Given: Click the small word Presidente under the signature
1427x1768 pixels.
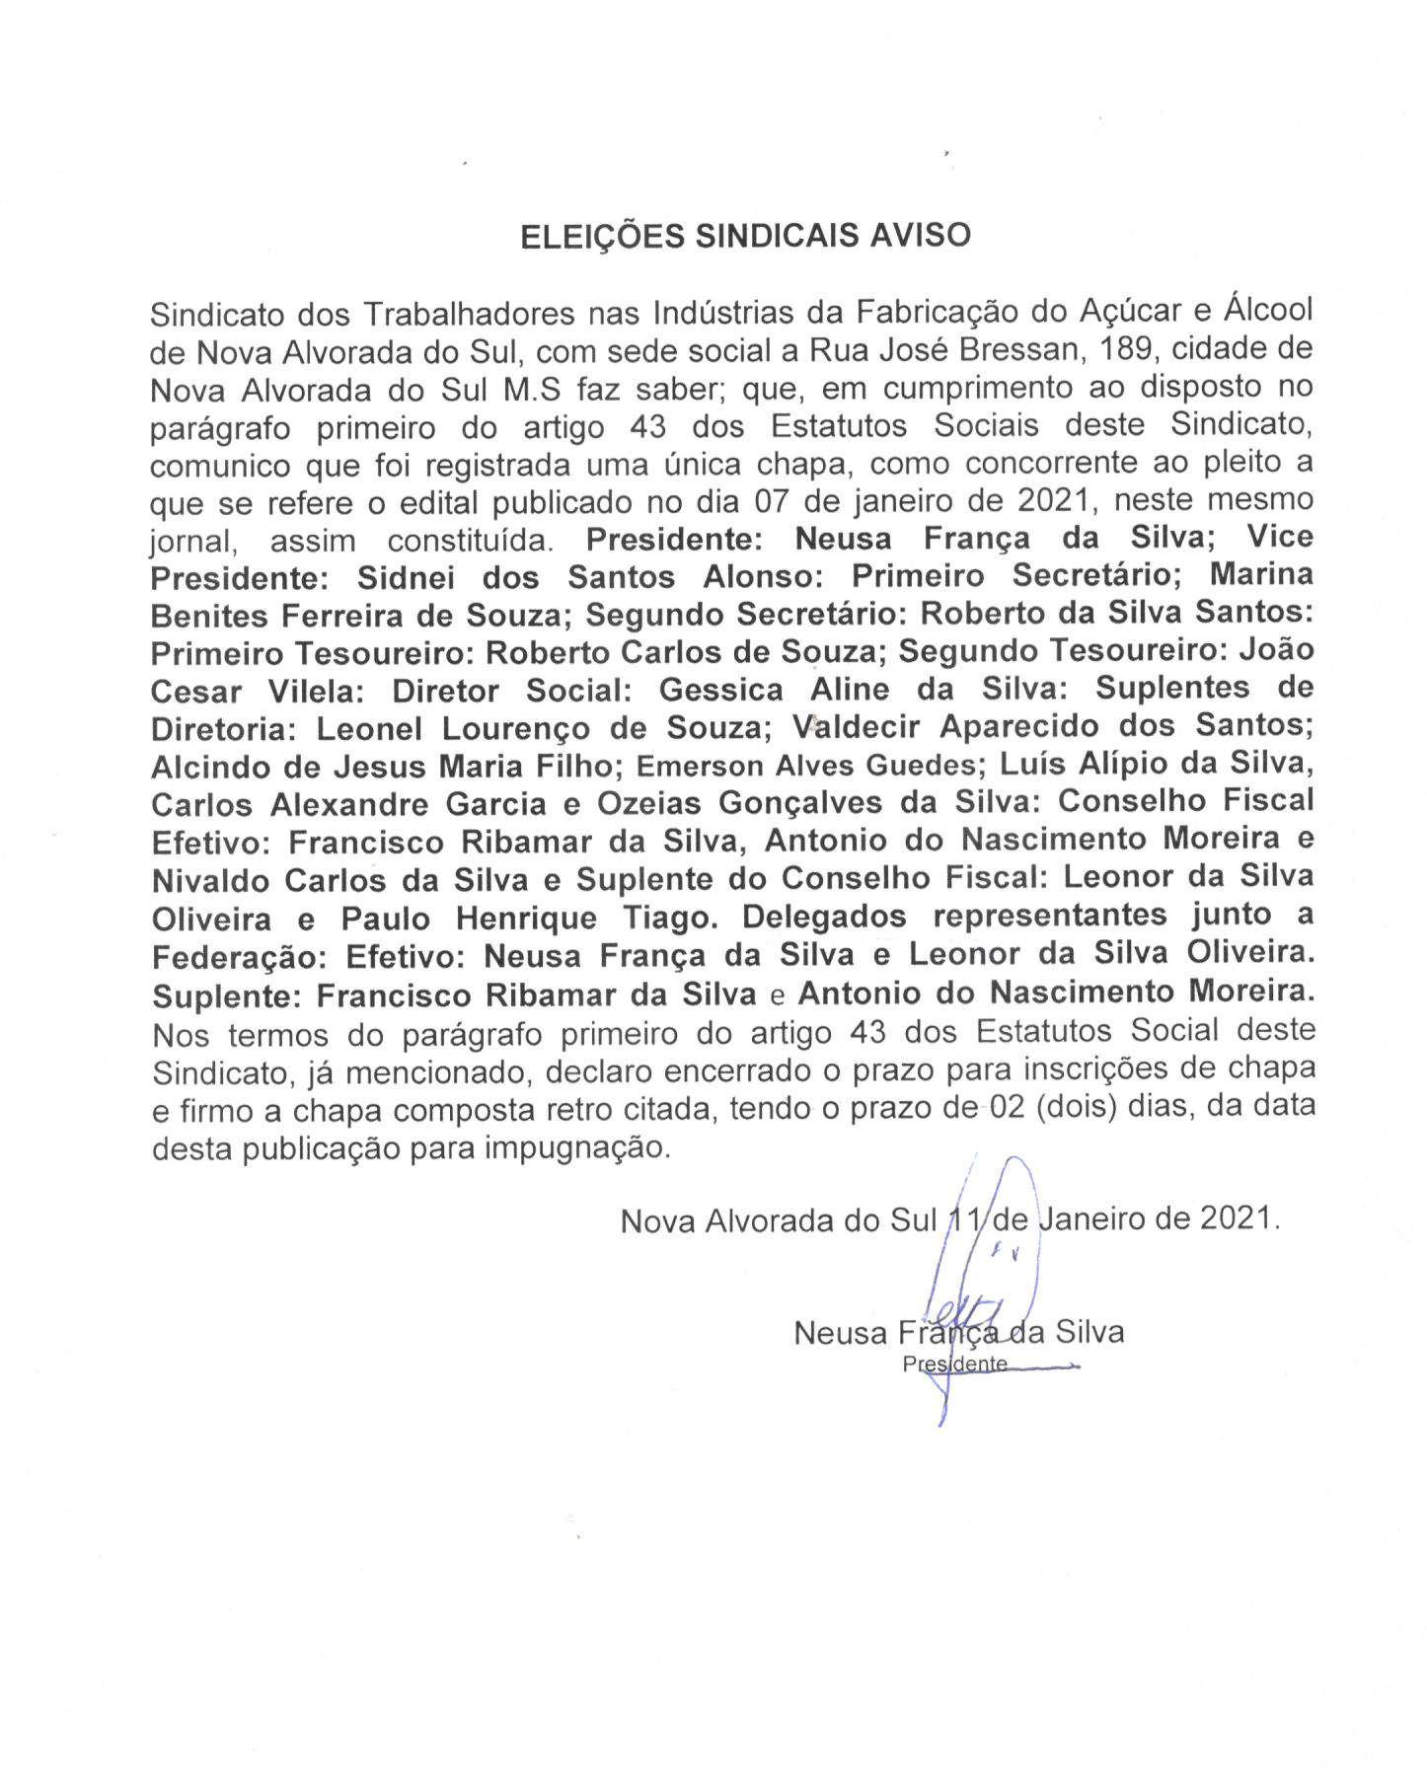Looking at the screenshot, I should click(954, 1364).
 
